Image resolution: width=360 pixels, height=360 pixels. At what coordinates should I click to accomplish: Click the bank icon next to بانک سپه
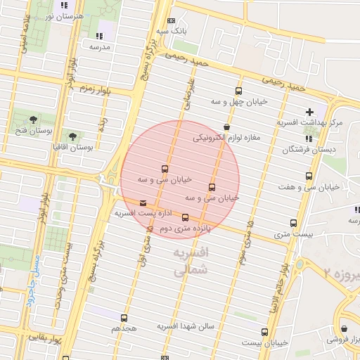172,22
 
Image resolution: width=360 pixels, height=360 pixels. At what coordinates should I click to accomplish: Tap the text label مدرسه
99,46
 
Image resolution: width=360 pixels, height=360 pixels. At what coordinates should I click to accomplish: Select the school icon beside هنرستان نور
65,5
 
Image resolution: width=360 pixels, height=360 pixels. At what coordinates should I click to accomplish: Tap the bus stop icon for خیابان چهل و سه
238,91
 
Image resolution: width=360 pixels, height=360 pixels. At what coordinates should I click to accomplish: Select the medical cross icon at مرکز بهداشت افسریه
309,112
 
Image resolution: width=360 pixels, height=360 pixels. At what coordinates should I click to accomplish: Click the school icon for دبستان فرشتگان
309,139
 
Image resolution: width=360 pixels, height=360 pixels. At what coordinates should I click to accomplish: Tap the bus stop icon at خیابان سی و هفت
309,176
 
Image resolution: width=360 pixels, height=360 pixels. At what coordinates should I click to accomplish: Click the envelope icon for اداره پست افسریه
144,202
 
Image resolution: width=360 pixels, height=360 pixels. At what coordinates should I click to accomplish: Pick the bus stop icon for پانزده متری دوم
186,218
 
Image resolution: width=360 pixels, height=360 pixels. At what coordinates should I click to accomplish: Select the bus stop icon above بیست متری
294,223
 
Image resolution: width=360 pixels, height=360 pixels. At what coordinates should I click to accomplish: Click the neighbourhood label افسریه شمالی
191,259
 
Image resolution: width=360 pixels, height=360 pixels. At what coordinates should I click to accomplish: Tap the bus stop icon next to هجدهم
124,318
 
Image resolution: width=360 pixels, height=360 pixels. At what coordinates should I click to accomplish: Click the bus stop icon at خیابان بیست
264,332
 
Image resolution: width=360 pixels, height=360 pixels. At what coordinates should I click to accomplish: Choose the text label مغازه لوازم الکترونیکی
226,138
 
